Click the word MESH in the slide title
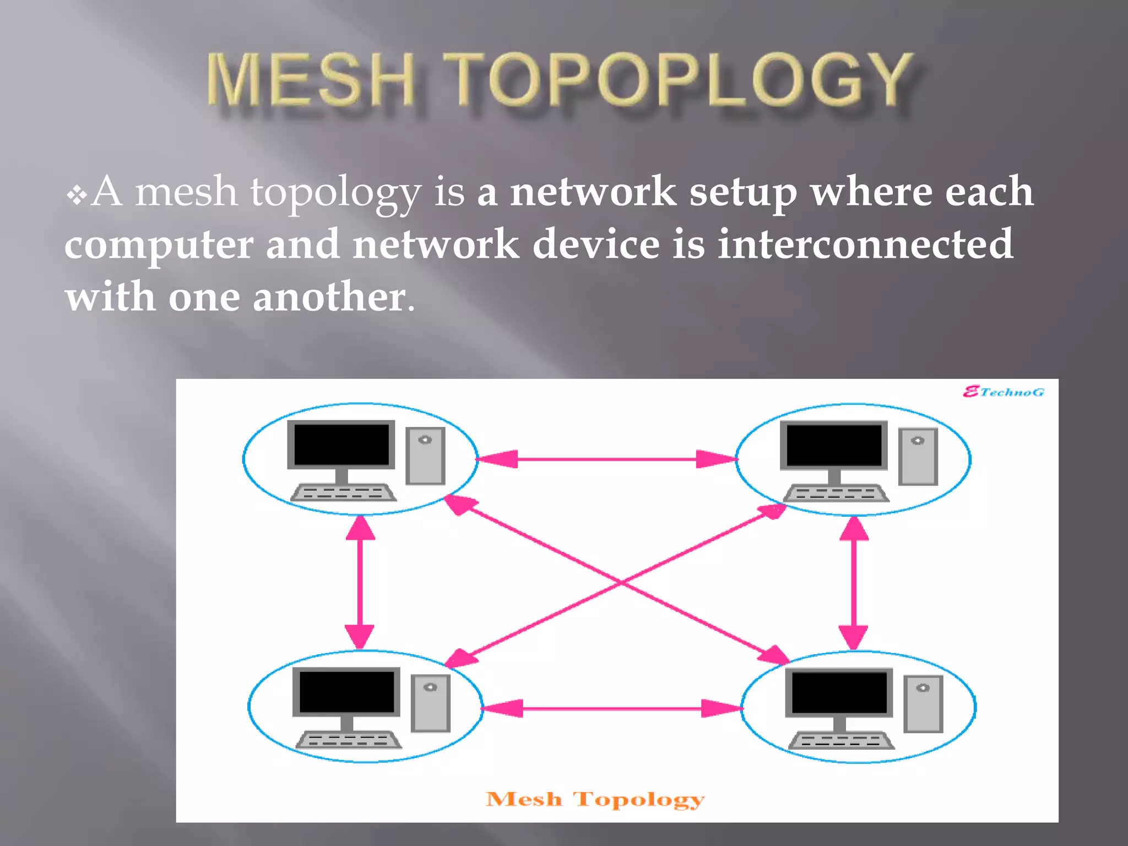coord(311,80)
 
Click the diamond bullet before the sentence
coord(77,195)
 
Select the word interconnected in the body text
coord(865,244)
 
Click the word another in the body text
coord(329,296)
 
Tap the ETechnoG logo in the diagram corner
coord(1003,392)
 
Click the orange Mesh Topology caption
coord(595,799)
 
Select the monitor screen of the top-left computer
coord(341,444)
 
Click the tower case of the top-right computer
coord(918,457)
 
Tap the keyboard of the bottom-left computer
coord(349,740)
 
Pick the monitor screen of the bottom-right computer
coord(839,692)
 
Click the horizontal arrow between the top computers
coord(606,459)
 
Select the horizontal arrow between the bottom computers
coord(611,708)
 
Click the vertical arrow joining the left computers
coord(360,582)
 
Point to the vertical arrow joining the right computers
coord(853,583)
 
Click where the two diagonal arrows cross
coord(620,582)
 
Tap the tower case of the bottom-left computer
coord(431,703)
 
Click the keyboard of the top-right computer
coord(836,493)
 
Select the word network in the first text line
coord(593,192)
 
